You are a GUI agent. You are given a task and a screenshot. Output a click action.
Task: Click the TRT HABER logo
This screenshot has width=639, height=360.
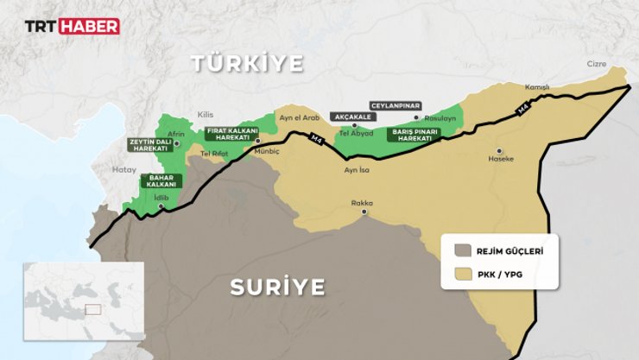(x=71, y=26)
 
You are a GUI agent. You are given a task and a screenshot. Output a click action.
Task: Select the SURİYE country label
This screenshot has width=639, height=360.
(x=277, y=287)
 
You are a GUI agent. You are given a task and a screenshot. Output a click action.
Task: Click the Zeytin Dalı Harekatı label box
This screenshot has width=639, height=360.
(x=147, y=144)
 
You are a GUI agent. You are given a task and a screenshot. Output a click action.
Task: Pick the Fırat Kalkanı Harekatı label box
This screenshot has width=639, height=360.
(x=227, y=134)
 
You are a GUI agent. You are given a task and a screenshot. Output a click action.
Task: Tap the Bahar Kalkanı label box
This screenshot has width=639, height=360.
(x=159, y=181)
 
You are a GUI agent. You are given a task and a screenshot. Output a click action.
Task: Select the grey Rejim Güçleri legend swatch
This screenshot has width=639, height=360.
(x=463, y=251)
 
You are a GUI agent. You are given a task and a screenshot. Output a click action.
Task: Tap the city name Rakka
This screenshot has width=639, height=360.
(x=362, y=203)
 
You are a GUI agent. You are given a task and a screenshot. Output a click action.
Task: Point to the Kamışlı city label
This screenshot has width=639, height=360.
(x=537, y=88)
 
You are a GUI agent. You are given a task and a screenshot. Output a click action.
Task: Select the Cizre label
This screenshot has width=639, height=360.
(x=597, y=64)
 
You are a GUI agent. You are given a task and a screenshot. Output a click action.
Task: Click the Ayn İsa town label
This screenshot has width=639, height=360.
(x=357, y=171)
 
